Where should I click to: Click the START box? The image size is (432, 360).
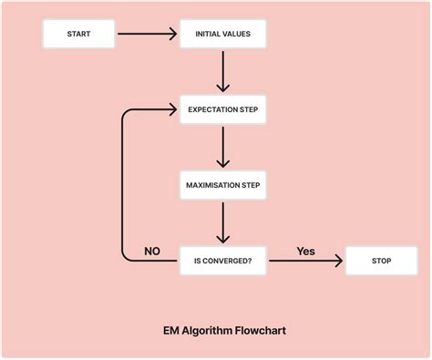[79, 35]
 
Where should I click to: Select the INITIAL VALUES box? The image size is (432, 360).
[223, 35]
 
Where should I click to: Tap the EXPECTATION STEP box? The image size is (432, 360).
[223, 110]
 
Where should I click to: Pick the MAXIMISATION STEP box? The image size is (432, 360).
[223, 185]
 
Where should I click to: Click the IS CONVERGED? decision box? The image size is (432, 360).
[223, 261]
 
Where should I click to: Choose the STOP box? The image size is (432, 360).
[381, 261]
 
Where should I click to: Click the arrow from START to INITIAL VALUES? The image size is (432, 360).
[146, 35]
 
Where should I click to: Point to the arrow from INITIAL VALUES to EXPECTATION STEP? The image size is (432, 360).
[223, 72]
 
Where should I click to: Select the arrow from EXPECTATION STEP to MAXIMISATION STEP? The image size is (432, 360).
[223, 148]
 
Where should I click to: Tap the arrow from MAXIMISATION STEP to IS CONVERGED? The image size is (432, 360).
[223, 222]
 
